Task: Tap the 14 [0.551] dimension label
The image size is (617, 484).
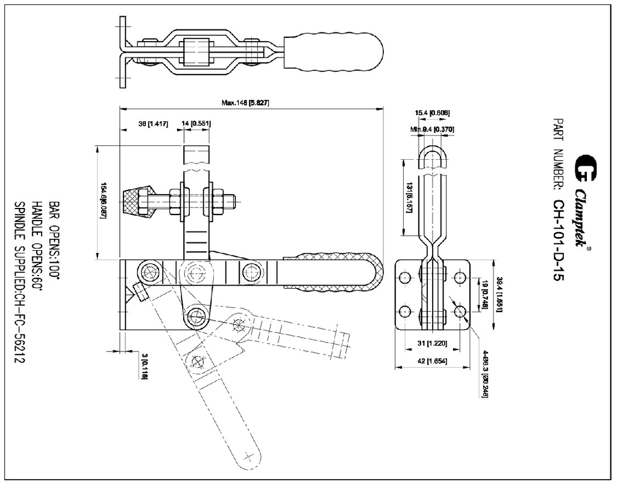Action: (196, 124)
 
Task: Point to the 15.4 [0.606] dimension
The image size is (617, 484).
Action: (433, 113)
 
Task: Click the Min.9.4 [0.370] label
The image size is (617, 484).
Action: (432, 129)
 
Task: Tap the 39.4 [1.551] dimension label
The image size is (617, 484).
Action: (500, 294)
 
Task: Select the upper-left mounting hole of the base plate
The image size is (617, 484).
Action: (404, 277)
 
